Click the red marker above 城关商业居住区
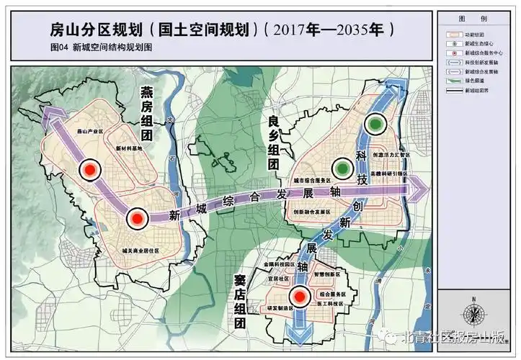136,218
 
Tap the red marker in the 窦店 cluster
300,295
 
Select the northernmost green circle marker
374,125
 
